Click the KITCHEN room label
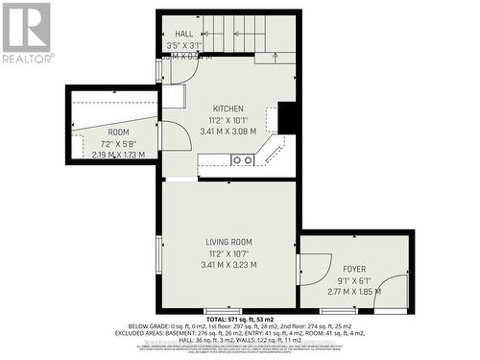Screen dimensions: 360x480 228,108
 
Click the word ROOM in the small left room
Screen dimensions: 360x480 118,132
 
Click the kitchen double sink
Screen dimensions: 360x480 242,160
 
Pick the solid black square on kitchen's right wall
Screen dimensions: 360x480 287,117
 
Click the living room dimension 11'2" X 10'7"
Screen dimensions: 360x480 228,252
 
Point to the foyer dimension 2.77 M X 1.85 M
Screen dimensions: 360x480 354,291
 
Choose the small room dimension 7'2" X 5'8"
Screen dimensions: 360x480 118,142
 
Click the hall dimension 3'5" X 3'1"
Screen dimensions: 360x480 183,45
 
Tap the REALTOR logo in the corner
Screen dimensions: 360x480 27,33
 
